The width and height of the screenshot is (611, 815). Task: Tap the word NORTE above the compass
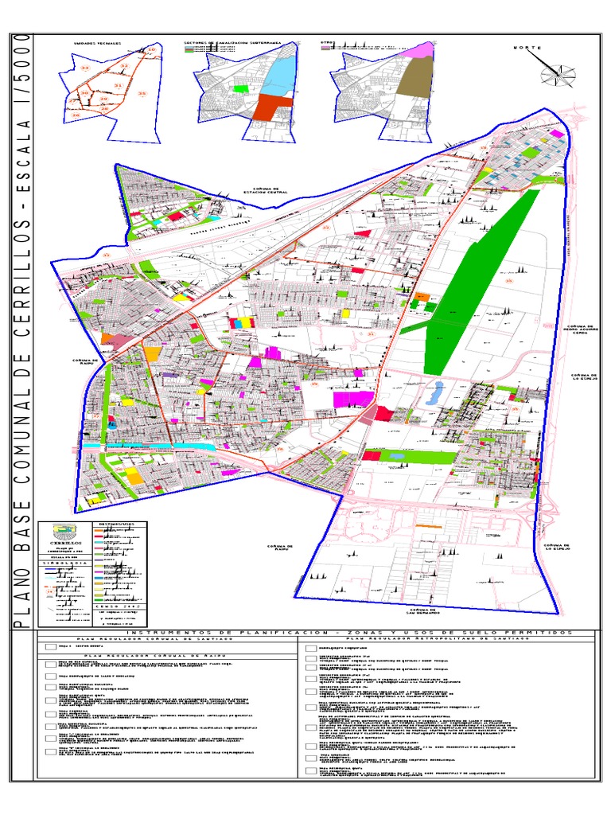pyautogui.click(x=527, y=49)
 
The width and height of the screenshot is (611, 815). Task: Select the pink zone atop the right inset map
pyautogui.click(x=422, y=50)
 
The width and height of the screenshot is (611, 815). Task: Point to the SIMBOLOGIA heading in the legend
pyautogui.click(x=65, y=562)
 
